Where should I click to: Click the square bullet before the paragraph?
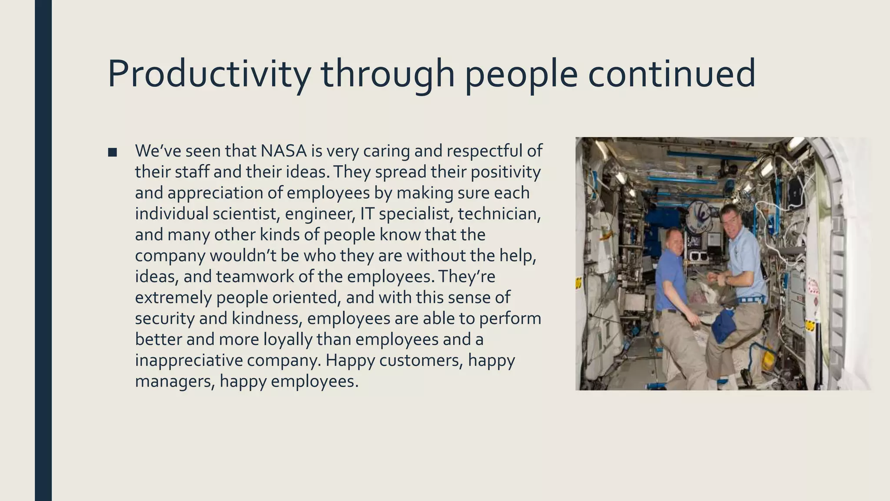tap(113, 152)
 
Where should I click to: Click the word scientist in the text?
tap(245, 214)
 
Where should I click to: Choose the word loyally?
tap(287, 339)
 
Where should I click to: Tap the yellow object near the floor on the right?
tap(768, 359)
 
